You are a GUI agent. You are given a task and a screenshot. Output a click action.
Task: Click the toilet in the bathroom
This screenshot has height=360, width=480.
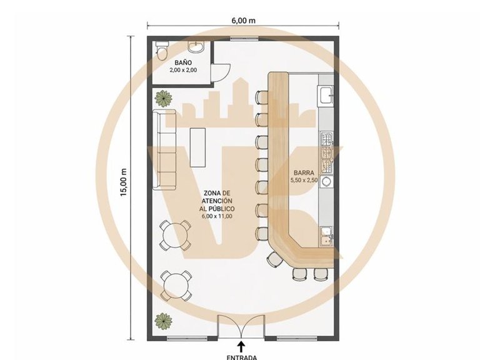[x=162, y=50]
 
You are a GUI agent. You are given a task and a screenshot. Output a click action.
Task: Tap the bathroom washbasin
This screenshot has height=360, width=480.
[x=196, y=47]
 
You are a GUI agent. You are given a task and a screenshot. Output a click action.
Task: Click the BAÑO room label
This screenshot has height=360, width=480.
[x=183, y=62]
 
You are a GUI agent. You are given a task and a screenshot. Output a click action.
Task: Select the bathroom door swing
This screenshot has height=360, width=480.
[x=221, y=72]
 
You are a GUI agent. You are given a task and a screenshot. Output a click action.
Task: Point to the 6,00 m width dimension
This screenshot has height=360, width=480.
[x=243, y=21]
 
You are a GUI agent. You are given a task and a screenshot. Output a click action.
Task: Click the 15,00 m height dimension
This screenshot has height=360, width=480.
[x=123, y=182]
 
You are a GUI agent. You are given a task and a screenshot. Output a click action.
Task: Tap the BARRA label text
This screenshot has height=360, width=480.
[x=304, y=172]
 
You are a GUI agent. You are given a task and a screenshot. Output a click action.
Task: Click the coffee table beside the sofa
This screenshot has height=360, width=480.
[x=197, y=147]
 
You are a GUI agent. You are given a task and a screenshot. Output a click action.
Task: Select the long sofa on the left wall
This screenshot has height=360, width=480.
[x=165, y=149]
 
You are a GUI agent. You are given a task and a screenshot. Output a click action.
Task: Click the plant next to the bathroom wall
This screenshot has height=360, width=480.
[x=163, y=99]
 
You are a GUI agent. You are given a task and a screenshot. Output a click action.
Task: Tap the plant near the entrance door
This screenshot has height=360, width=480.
[x=163, y=321]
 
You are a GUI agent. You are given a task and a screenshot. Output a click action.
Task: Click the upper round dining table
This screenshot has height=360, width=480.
[x=175, y=235]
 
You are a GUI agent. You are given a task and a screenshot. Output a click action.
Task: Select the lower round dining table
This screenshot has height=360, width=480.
[x=176, y=286]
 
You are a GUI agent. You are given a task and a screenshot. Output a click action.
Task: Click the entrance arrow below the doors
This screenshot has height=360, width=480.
[x=242, y=347]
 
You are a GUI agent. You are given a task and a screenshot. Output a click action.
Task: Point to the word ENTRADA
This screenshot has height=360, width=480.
[x=242, y=357]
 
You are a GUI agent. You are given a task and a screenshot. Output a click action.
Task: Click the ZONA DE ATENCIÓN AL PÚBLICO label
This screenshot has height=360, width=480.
[x=217, y=204]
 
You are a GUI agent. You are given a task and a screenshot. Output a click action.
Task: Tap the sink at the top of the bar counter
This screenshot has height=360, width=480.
[x=326, y=95]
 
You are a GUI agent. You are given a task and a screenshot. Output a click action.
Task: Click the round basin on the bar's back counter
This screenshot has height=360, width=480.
[x=327, y=181]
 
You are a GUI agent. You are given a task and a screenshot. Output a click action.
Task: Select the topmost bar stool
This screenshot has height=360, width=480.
[x=262, y=97]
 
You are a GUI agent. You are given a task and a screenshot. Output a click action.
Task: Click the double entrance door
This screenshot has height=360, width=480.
[x=241, y=327]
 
